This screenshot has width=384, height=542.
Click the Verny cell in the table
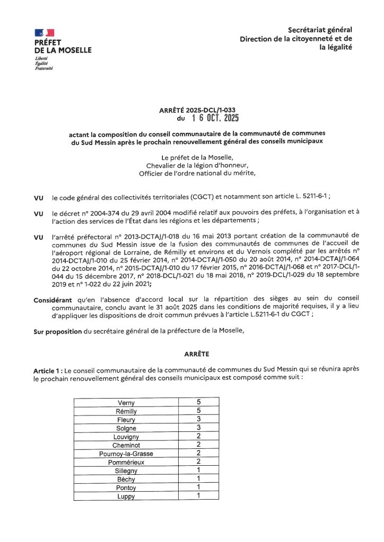126,403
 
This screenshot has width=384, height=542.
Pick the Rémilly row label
126,411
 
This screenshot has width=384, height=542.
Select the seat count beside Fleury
198,419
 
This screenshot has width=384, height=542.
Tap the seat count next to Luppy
198,496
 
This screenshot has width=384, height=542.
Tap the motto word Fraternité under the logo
44,68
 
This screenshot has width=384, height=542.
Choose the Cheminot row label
126,445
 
